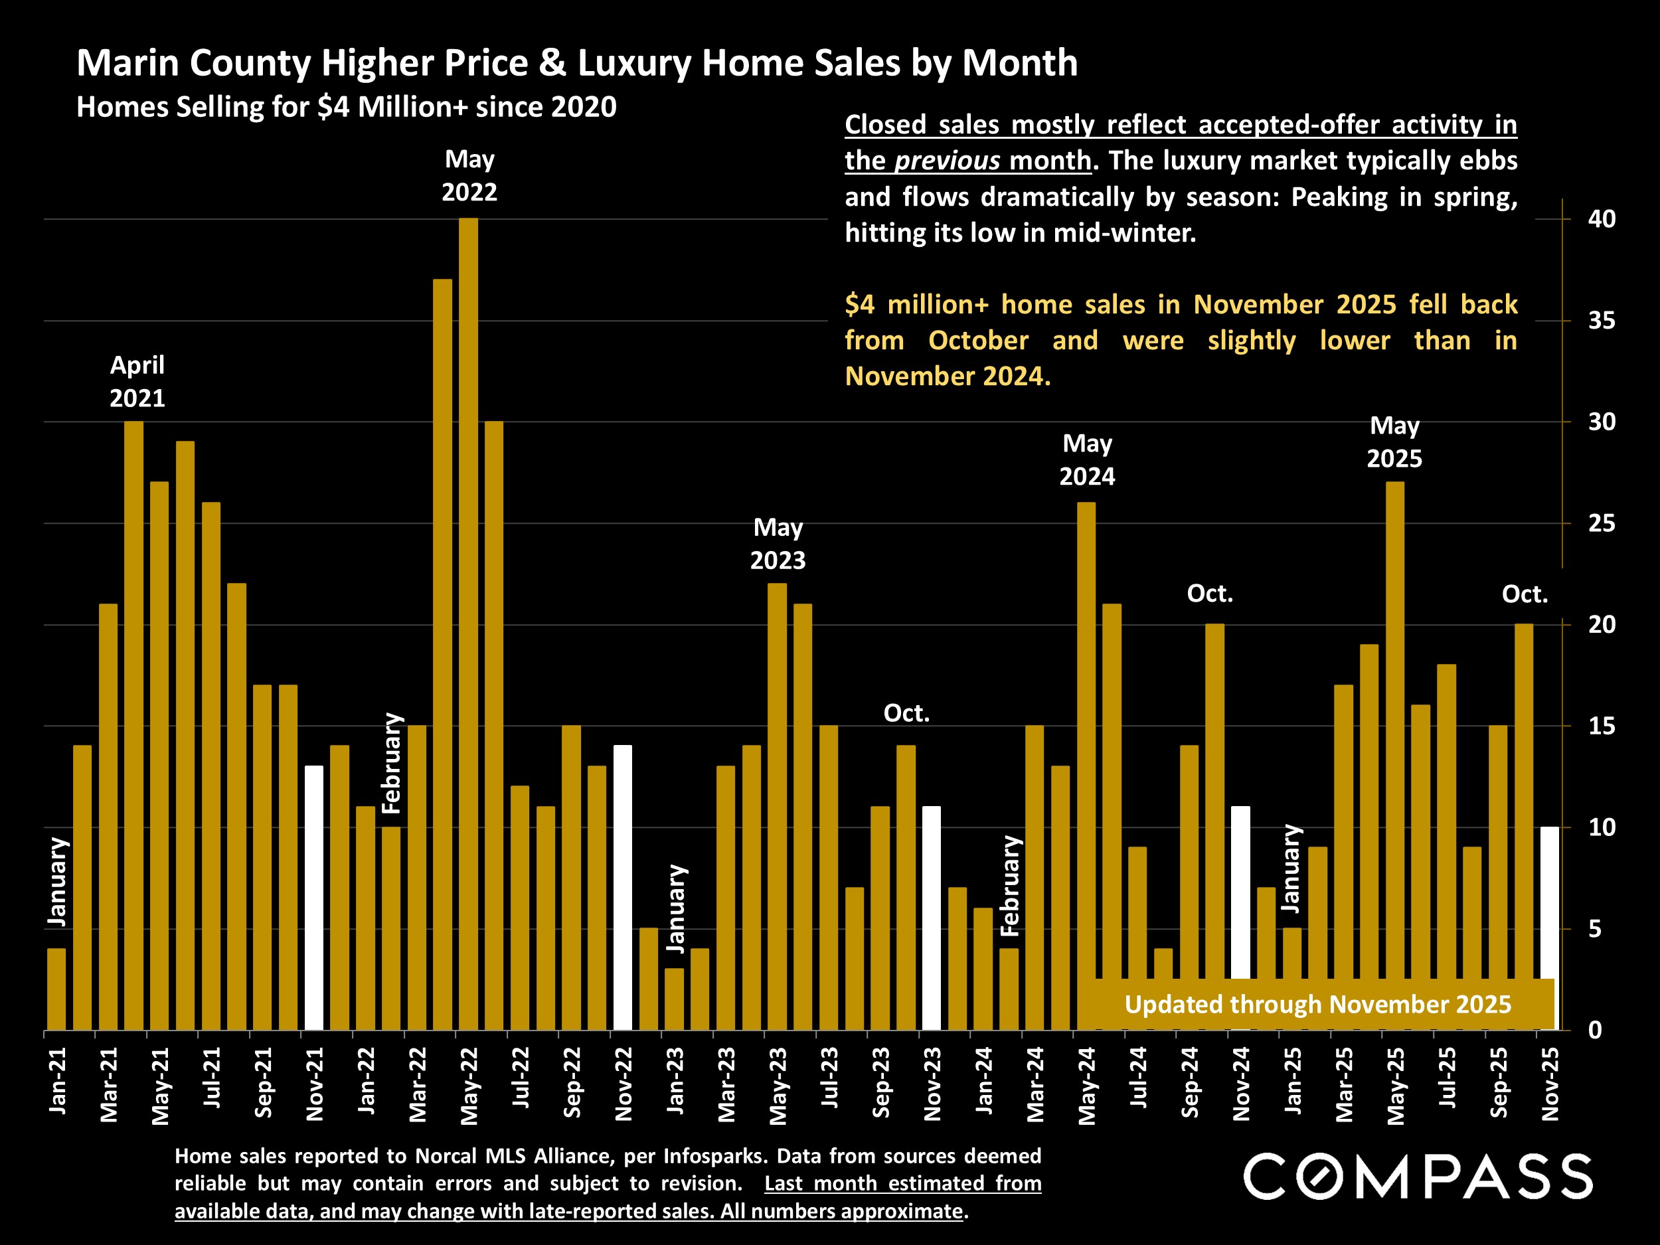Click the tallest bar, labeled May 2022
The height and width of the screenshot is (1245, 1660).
[468, 623]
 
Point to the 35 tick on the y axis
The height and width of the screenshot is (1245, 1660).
[1601, 321]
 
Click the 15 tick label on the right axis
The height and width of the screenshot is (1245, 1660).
[1601, 726]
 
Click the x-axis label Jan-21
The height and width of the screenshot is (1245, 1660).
[58, 1080]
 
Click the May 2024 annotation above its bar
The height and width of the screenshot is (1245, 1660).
[1087, 460]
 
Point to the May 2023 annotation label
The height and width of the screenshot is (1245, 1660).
[778, 544]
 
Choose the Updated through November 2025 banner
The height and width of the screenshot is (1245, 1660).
[1317, 1004]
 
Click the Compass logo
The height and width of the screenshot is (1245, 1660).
[1418, 1177]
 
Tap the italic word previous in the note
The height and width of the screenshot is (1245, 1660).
[947, 161]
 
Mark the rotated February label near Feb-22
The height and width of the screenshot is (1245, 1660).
[392, 763]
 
